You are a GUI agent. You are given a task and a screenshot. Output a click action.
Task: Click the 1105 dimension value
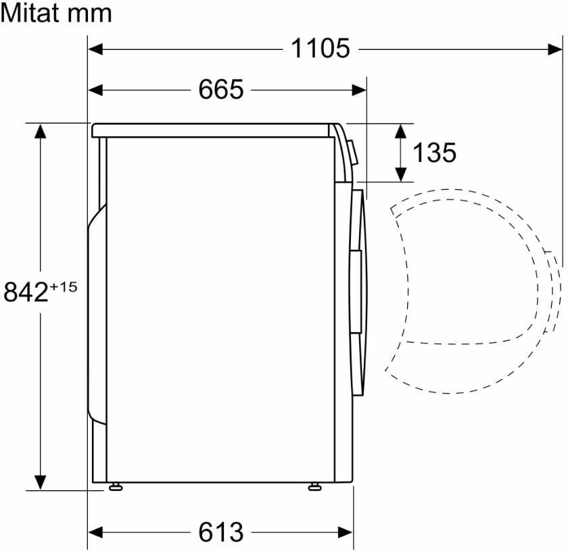(321, 48)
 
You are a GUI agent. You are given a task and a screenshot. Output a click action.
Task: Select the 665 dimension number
(221, 89)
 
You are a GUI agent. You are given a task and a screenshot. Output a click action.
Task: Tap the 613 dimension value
(221, 532)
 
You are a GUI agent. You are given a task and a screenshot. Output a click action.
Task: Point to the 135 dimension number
(434, 153)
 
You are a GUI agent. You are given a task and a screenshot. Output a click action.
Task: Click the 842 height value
(26, 292)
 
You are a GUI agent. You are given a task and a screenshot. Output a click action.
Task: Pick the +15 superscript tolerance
(64, 287)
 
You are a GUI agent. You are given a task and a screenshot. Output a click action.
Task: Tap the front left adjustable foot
(314, 487)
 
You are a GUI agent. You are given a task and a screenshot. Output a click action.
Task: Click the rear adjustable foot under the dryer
(116, 487)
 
